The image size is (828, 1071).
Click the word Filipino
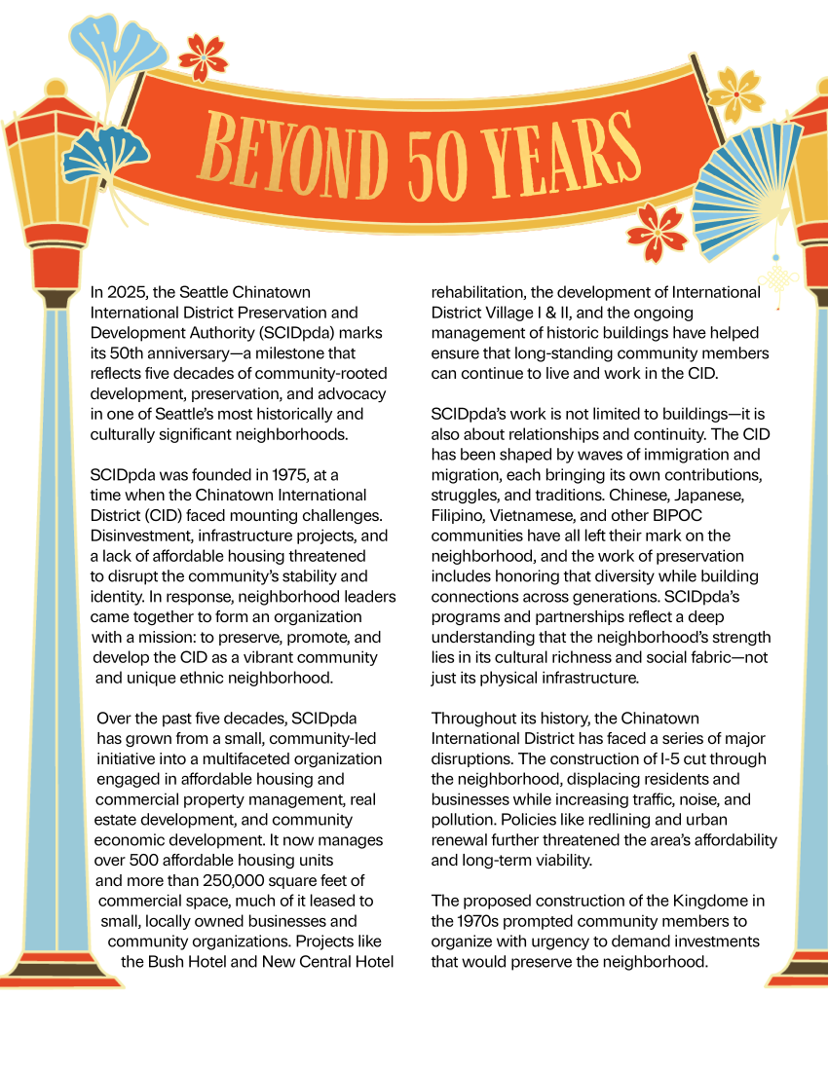point(462,515)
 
